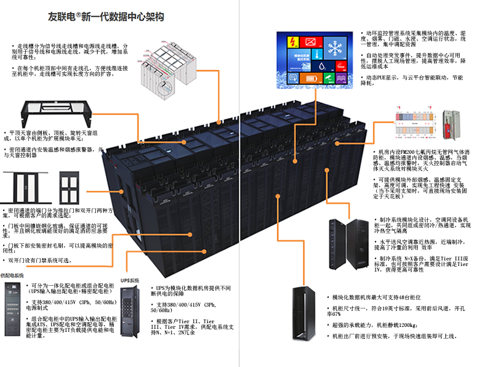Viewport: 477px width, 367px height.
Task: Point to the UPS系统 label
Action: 130,280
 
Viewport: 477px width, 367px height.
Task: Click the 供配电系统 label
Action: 12,275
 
